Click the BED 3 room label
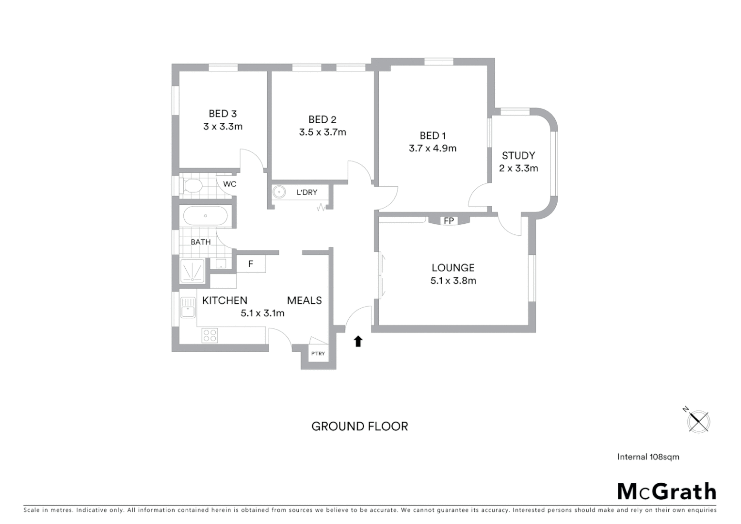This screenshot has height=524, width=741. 223,114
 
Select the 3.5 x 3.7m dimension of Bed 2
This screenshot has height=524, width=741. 322,132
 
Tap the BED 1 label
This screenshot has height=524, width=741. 433,136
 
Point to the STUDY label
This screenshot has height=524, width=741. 518,156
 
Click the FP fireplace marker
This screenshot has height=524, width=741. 449,221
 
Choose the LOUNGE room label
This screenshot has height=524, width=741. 453,268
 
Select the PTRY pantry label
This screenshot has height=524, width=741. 318,353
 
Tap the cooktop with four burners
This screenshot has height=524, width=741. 210,335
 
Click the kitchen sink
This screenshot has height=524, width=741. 188,307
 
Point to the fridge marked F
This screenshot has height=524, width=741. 251,264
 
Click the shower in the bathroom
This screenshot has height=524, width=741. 193,271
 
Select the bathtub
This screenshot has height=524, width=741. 206,216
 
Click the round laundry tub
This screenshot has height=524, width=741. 280,192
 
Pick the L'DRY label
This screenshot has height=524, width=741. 307,193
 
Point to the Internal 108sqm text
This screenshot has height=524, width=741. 648,457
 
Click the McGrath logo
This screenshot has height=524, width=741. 666,491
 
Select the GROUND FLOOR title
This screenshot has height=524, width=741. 359,426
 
